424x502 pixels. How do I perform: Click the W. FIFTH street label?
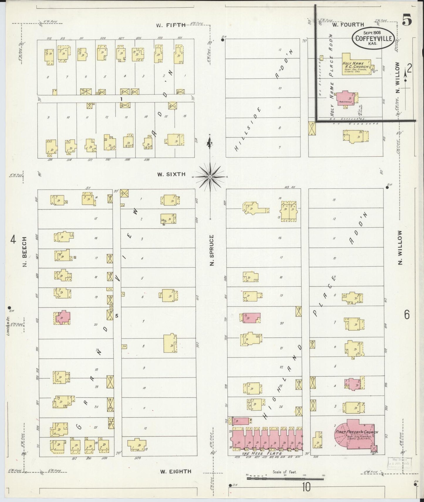pyautogui.click(x=171, y=25)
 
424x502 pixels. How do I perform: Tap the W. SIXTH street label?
pyautogui.click(x=171, y=174)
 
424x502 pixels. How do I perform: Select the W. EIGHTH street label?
pyautogui.click(x=175, y=472)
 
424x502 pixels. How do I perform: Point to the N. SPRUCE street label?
pyautogui.click(x=212, y=250)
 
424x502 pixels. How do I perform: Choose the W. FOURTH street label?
pyautogui.click(x=348, y=25)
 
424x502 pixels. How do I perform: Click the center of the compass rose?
pyautogui.click(x=210, y=177)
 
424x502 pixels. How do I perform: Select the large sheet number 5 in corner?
pyautogui.click(x=407, y=20)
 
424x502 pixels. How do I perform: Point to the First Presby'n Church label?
pyautogui.click(x=357, y=432)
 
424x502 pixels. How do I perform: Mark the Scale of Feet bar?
pyautogui.click(x=285, y=479)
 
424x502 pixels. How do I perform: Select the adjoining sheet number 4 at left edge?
pyautogui.click(x=13, y=240)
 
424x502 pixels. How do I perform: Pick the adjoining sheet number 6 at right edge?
pyautogui.click(x=407, y=315)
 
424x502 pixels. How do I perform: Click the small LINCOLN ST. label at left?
pyautogui.click(x=9, y=325)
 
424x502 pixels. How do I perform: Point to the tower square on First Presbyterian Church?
pyautogui.click(x=374, y=448)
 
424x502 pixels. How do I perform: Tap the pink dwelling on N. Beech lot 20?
pyautogui.click(x=63, y=317)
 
